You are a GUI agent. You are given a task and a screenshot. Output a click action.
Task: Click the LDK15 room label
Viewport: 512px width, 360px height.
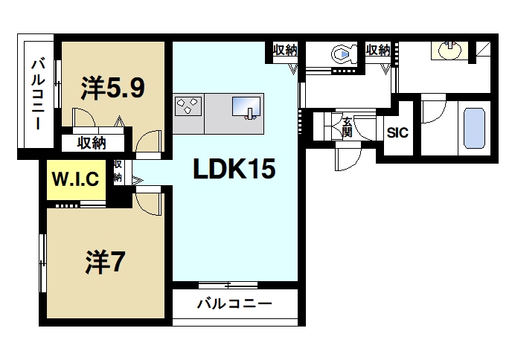(235, 170)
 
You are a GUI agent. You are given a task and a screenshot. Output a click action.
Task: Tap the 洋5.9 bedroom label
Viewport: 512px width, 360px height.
(112, 89)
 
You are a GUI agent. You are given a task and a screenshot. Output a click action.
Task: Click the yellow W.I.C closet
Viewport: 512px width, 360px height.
(75, 179)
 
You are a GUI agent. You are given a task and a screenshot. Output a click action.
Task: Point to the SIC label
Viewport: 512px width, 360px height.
(397, 134)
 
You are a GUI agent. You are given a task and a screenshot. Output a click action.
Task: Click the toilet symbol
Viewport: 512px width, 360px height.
(342, 54)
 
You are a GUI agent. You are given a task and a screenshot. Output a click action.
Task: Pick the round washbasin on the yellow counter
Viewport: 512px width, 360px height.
(449, 50)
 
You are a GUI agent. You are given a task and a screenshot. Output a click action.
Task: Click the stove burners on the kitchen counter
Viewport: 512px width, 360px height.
(188, 106)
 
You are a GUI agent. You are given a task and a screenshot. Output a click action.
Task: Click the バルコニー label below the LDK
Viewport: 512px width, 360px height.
(234, 303)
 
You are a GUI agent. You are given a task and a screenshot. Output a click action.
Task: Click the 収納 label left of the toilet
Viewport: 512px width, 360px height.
(285, 51)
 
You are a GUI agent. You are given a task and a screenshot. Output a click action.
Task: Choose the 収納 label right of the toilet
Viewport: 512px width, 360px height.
(378, 51)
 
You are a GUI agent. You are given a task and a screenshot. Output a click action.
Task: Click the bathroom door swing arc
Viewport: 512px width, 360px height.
(432, 112)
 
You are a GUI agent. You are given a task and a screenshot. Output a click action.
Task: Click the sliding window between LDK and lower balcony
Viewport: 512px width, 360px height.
(228, 285)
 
